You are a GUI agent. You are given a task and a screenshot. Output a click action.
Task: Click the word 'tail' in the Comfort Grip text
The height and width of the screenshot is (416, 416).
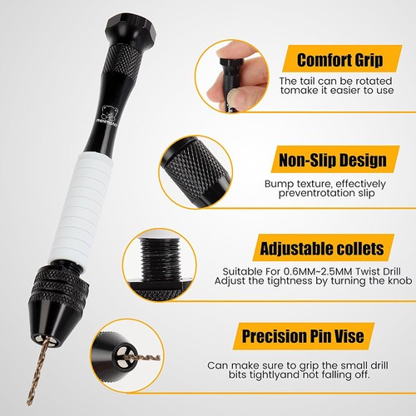click(x=311, y=80)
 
